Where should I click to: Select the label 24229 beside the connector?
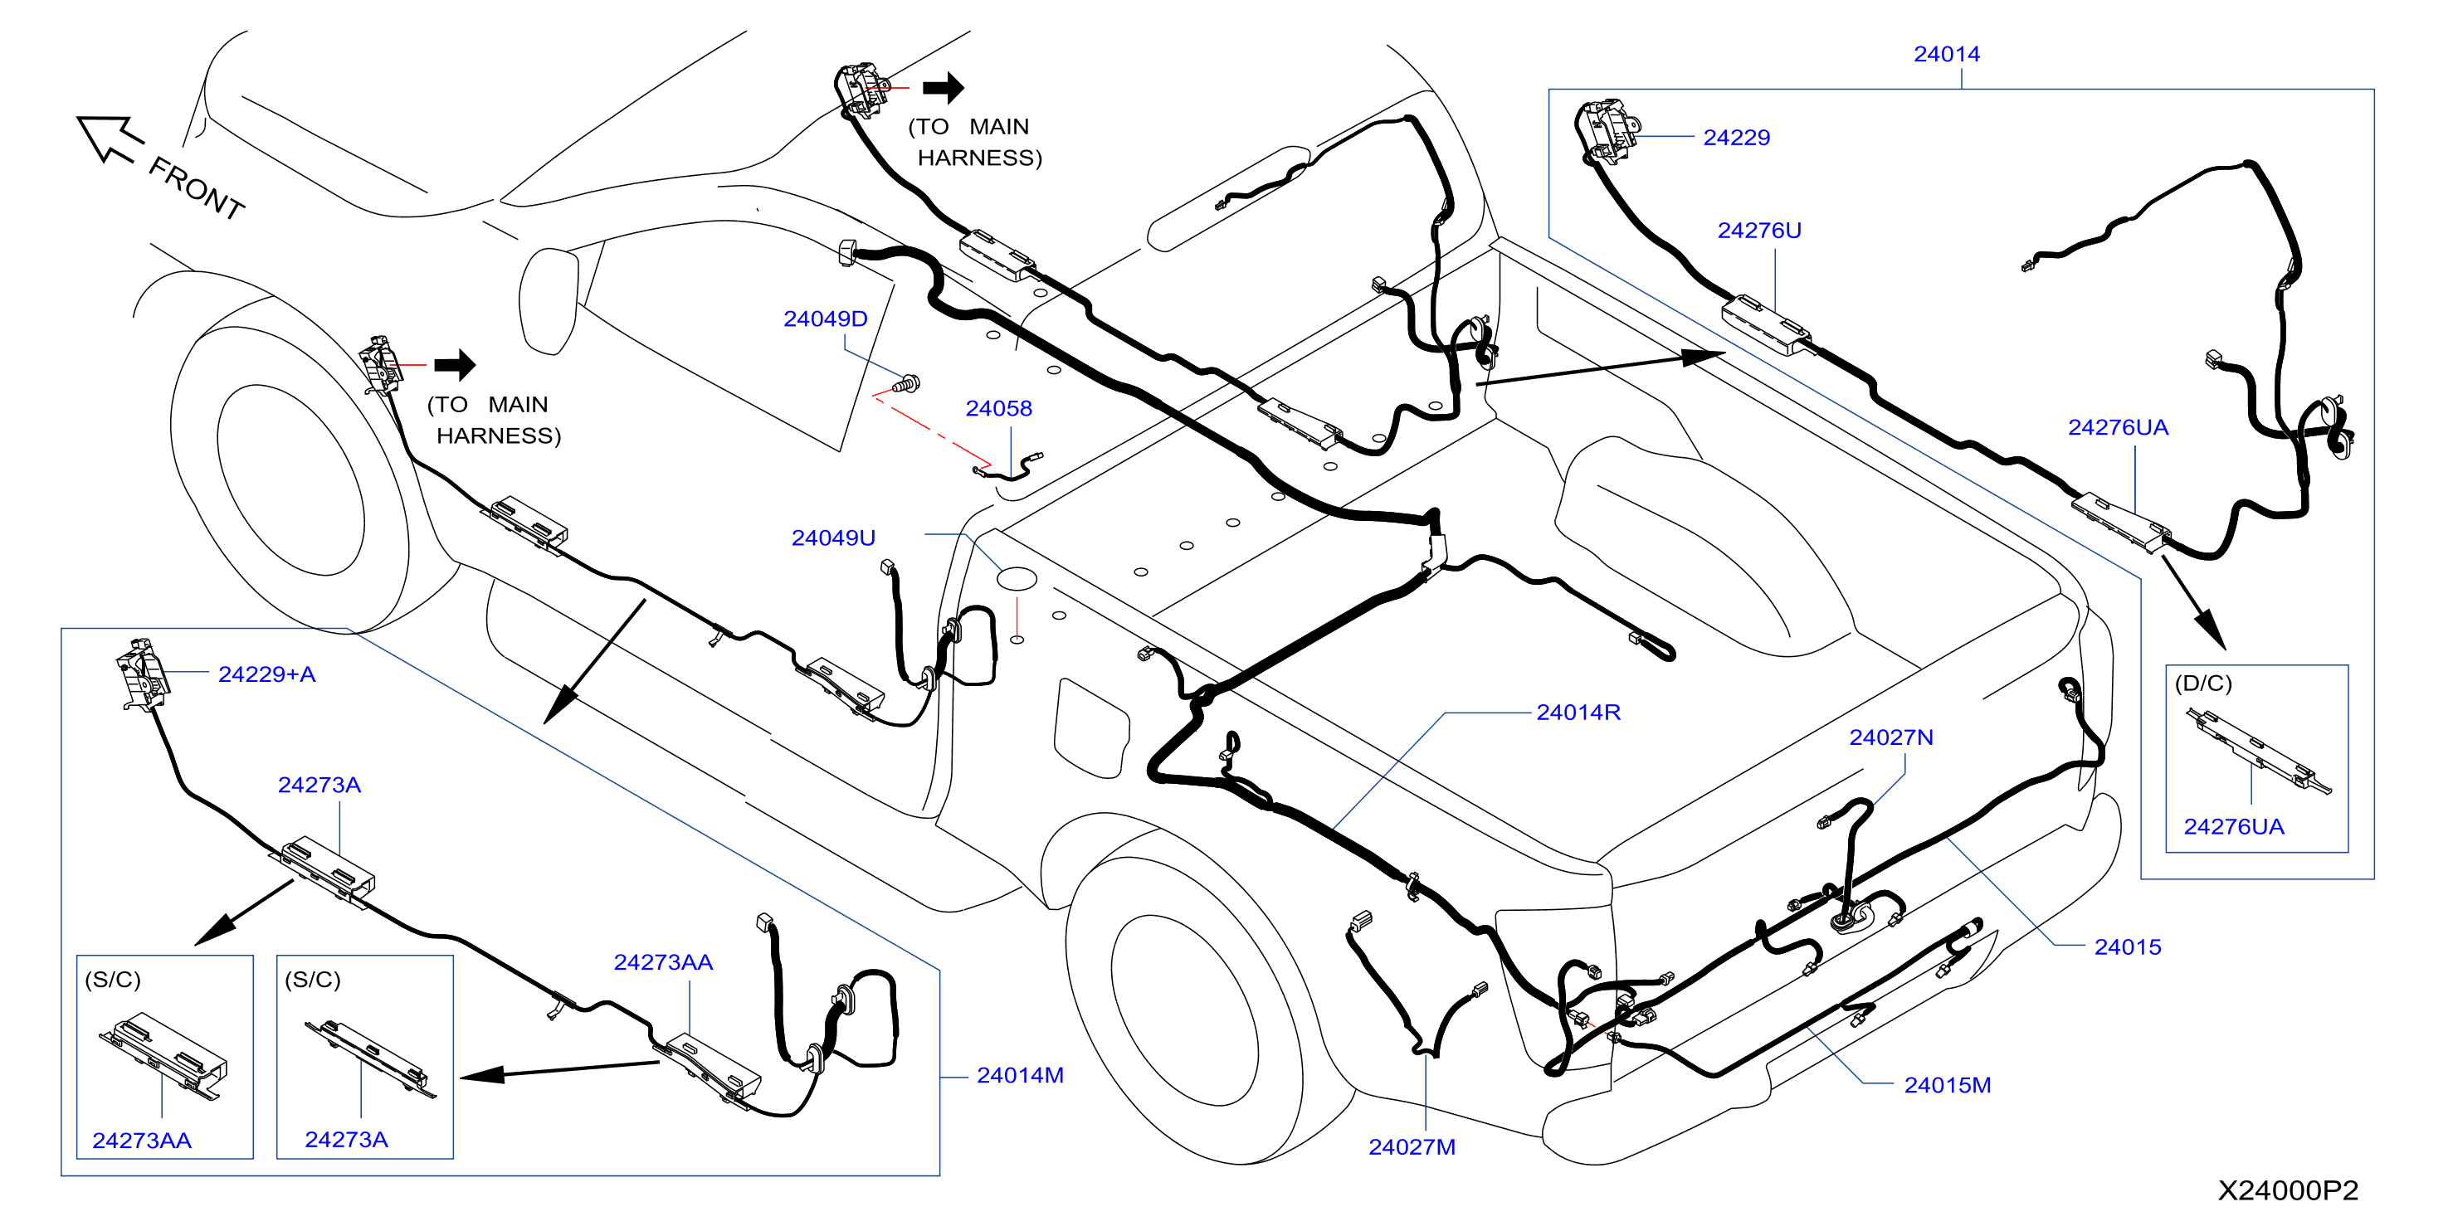click(x=1736, y=137)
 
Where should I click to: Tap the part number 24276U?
click(x=1758, y=231)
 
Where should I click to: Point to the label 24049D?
click(x=825, y=319)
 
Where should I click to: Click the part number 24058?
click(x=998, y=408)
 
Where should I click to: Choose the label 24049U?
click(x=833, y=538)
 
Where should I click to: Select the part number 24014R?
click(x=1578, y=712)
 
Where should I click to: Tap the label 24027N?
click(x=1890, y=737)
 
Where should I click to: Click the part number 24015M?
click(x=1947, y=1085)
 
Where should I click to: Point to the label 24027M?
click(x=1412, y=1147)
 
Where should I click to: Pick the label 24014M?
click(x=1020, y=1075)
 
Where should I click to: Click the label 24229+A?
click(x=266, y=674)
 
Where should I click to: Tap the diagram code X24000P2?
click(x=2287, y=1190)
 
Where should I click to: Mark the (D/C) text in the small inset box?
click(x=2202, y=684)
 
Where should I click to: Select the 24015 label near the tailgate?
click(x=2128, y=947)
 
